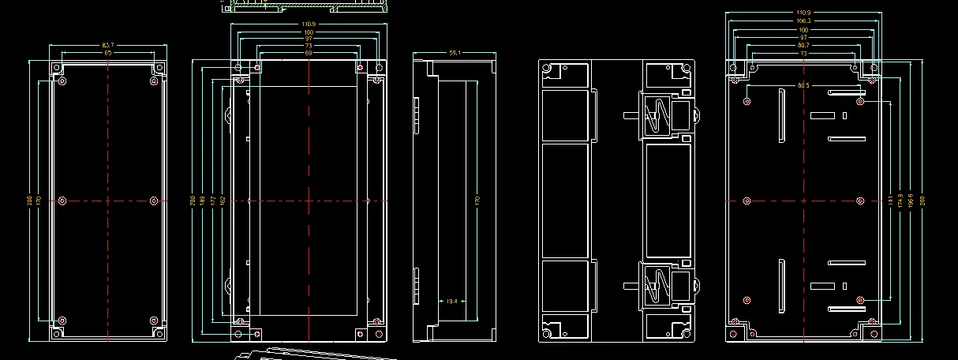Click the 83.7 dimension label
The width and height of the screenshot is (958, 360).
coord(107,45)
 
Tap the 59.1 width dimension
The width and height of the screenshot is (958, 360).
coord(455,53)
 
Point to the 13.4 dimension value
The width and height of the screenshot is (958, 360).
coord(451,301)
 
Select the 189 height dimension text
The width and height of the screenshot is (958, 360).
coord(204,201)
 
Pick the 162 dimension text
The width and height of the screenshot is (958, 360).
coord(223,201)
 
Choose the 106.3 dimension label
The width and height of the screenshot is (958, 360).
coord(803,21)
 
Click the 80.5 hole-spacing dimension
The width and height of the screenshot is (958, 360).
coord(803,85)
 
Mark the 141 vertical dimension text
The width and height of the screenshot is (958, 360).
coord(890,201)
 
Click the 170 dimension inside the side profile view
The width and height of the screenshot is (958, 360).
coord(476,201)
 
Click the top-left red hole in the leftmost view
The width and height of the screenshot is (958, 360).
coord(63,81)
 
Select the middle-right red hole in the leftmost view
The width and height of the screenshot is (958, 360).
coord(154,201)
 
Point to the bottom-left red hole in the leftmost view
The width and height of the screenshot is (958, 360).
coord(63,321)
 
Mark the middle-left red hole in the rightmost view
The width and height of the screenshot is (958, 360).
coord(747,201)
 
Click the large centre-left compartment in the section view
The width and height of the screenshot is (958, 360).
coord(565,201)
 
